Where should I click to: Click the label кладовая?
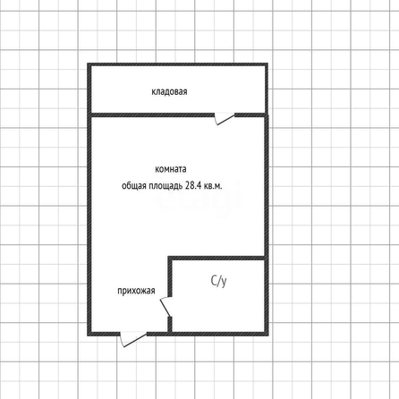click(169, 91)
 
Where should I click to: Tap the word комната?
click(171, 169)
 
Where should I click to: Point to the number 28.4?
click(193, 185)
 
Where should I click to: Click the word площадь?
click(166, 186)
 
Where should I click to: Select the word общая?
click(134, 186)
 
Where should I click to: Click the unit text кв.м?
click(213, 186)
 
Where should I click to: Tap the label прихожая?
click(136, 291)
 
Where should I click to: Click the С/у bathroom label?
click(218, 281)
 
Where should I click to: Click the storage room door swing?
click(225, 118)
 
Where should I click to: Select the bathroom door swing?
click(166, 307)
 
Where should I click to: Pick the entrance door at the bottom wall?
click(133, 339)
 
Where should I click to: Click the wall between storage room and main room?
click(152, 115)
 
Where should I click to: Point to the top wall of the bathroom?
click(216, 258)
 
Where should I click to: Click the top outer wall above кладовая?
click(177, 64)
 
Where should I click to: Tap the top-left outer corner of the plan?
click(87, 63)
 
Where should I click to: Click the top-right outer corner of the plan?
click(268, 63)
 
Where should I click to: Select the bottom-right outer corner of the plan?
click(268, 335)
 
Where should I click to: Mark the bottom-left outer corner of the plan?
click(87, 335)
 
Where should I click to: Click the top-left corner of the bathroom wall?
click(168, 256)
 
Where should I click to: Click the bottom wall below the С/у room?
click(218, 334)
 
